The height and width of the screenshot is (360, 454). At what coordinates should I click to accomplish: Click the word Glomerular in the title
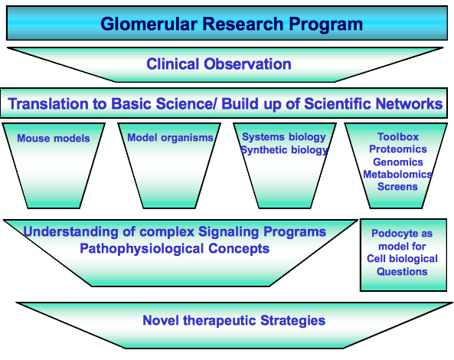(x=149, y=24)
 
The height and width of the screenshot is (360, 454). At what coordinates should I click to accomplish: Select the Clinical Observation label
(x=219, y=64)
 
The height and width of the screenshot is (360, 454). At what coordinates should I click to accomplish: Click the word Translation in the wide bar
(x=48, y=103)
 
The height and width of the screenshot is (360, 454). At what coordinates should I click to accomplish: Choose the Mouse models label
(x=54, y=138)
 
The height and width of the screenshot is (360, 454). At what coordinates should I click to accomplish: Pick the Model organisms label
(x=170, y=138)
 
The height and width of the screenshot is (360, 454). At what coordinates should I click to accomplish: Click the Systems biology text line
(x=284, y=137)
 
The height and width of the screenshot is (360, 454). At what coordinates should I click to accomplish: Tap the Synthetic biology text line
(x=284, y=150)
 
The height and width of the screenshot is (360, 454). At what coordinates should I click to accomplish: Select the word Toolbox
(x=398, y=136)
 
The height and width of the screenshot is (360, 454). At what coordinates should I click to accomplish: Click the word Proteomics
(x=398, y=149)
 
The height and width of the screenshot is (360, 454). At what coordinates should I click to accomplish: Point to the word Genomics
(x=398, y=162)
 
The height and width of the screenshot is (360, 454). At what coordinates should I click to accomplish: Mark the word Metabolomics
(x=397, y=175)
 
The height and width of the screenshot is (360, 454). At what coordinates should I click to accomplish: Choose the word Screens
(x=397, y=187)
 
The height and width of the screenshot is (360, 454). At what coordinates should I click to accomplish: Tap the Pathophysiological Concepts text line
(x=175, y=249)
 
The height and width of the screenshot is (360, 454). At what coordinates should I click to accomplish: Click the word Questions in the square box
(x=402, y=272)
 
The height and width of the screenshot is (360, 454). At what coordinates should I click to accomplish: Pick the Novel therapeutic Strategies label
(x=234, y=321)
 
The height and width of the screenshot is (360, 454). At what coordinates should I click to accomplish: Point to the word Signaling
(x=228, y=232)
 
